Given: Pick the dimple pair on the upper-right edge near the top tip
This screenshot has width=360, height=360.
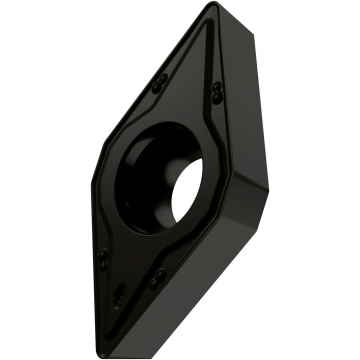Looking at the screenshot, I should click(219, 90).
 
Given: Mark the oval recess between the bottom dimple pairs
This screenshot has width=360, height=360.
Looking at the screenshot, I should click(121, 296).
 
